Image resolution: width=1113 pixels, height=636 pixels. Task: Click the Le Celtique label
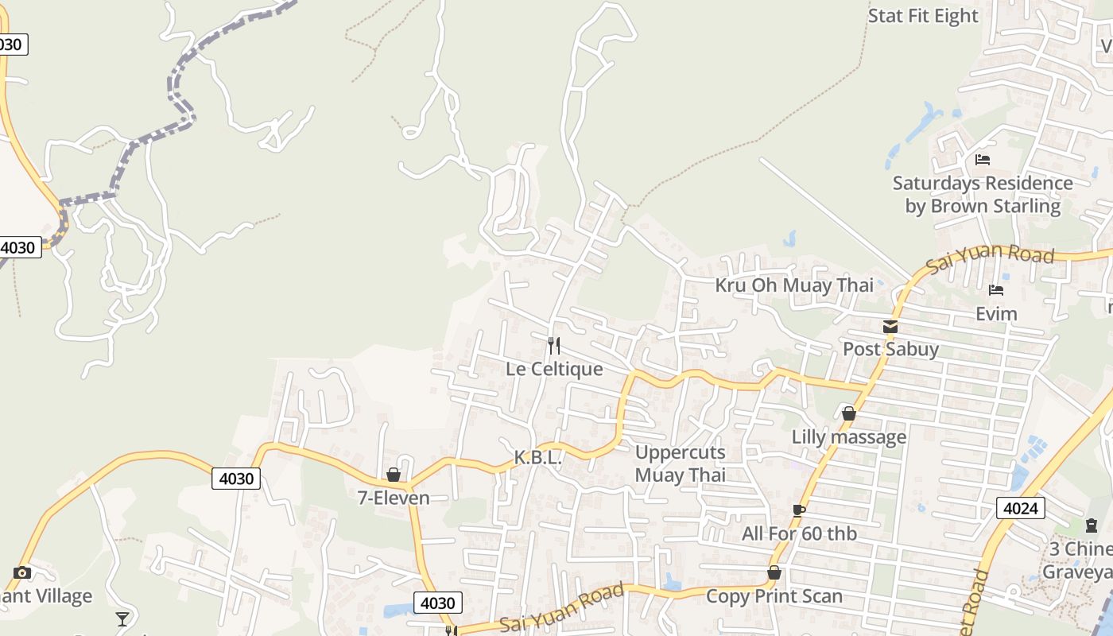(x=554, y=369)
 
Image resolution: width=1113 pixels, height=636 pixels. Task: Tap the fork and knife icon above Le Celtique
(x=554, y=346)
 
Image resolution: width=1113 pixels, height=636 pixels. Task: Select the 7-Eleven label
(x=393, y=498)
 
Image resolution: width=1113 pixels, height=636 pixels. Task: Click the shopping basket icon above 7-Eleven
(x=393, y=475)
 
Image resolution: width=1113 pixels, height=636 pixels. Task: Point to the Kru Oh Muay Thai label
(x=794, y=285)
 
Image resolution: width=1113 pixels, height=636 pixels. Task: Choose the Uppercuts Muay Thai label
(x=681, y=464)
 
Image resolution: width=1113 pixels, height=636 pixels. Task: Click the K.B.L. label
(x=538, y=458)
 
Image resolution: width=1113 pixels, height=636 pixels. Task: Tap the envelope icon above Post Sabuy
(x=890, y=327)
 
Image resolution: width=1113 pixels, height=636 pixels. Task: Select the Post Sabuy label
(x=890, y=348)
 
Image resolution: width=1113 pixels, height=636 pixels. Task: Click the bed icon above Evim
(x=996, y=290)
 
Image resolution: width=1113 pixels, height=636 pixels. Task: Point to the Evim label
(x=996, y=313)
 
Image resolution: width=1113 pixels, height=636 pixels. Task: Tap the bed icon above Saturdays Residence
(x=983, y=160)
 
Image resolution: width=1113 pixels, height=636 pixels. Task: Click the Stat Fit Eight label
(x=923, y=16)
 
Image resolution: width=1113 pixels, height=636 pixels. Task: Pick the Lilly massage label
(x=848, y=436)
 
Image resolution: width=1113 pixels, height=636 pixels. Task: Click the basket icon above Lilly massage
(x=848, y=413)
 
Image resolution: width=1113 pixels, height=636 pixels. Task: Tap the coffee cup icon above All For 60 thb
(x=799, y=510)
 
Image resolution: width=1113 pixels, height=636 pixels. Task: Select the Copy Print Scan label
(x=774, y=595)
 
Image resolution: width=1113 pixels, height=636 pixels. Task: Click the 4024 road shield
(x=1020, y=508)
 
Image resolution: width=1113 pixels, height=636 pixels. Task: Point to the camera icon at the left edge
(x=22, y=572)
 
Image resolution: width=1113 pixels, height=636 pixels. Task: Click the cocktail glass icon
(x=122, y=619)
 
